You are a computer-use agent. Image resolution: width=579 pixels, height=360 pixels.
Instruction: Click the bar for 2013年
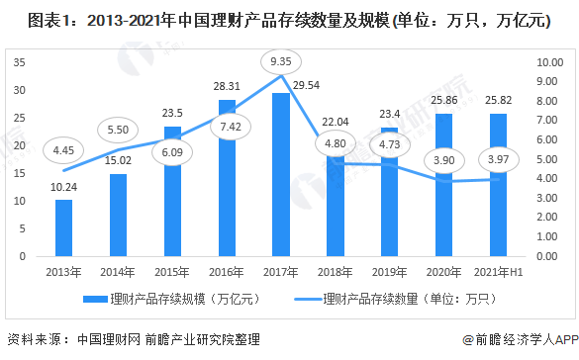coord(64,227)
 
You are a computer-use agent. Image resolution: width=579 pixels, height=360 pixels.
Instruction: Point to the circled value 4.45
coord(63,151)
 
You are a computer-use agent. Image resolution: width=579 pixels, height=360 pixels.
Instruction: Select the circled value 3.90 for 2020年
coord(444,160)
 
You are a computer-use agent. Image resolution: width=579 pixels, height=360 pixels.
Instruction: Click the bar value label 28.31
coord(227,86)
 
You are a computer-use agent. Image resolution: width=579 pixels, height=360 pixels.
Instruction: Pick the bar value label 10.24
coord(63,187)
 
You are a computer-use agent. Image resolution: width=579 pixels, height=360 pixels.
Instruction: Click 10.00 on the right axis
coord(549,62)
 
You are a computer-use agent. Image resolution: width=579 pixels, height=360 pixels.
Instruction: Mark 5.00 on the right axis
coord(549,159)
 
